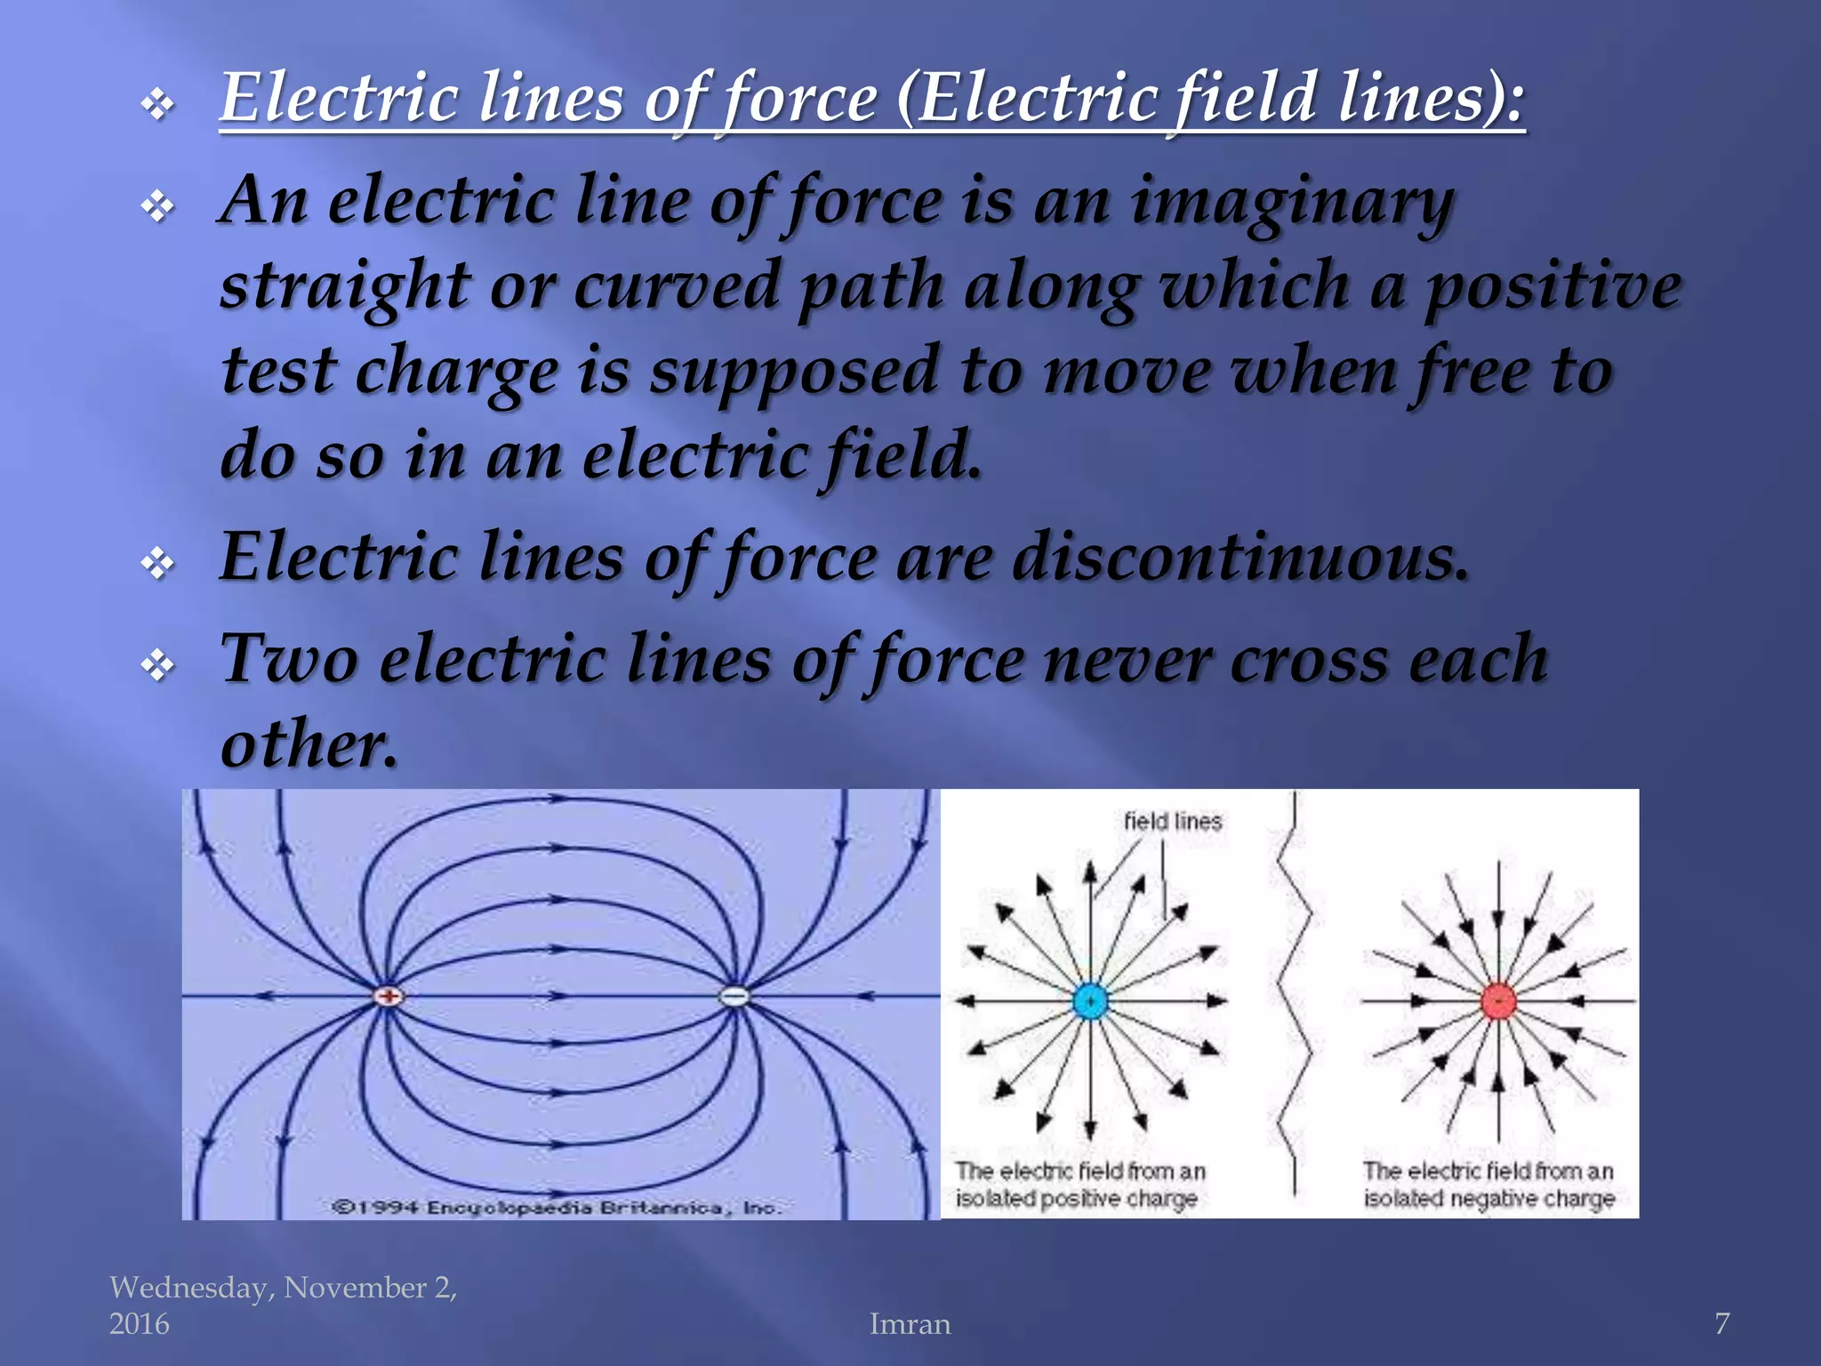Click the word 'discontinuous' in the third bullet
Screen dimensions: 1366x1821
pos(1239,558)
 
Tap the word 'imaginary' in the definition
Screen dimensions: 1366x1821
pos(1291,203)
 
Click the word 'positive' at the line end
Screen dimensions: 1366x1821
pos(1552,286)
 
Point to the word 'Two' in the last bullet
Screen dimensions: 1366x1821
pos(289,660)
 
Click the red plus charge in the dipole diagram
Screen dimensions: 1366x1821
pos(389,996)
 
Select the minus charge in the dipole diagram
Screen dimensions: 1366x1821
pos(734,996)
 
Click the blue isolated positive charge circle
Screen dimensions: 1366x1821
pos(1089,1001)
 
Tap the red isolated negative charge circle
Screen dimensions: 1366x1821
pos(1498,1001)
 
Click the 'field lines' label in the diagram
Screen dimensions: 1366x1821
pos(1172,822)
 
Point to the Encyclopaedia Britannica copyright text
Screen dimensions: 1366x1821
pos(557,1208)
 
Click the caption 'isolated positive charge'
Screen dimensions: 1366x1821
pos(1076,1199)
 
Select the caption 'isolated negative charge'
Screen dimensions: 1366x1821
pos(1488,1199)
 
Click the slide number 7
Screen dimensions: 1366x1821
pos(1721,1323)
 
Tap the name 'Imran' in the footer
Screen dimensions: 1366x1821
pos(910,1324)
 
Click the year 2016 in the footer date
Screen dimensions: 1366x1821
pos(139,1324)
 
